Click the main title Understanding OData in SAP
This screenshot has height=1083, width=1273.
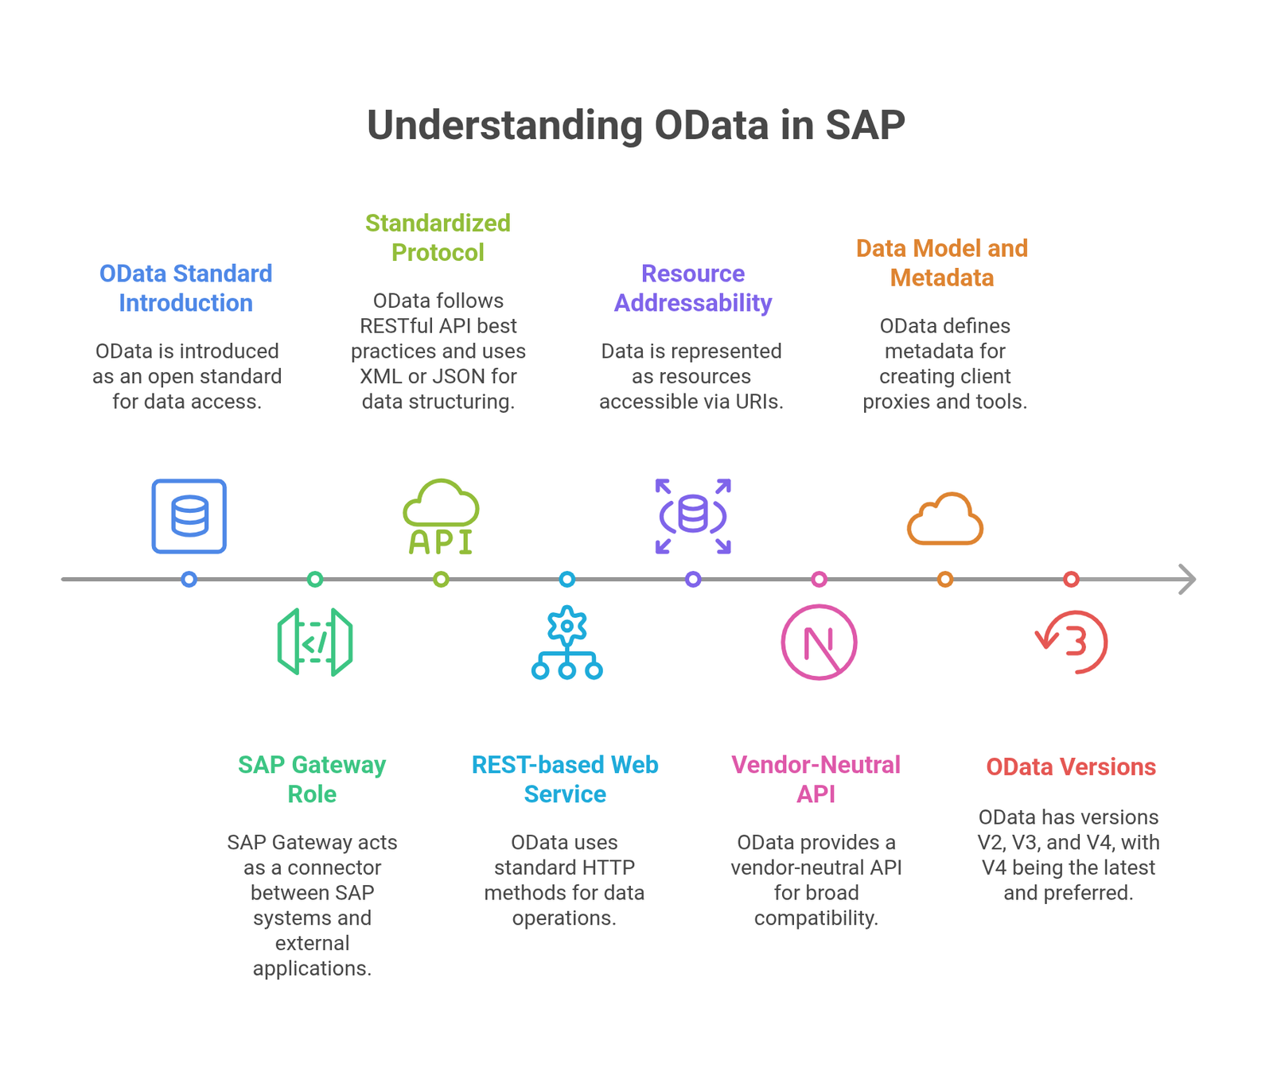click(x=636, y=125)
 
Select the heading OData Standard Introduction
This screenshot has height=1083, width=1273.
click(x=186, y=288)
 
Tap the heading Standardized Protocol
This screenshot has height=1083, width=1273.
click(x=438, y=237)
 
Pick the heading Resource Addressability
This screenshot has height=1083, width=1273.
click(x=693, y=288)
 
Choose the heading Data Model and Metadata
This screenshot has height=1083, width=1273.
click(x=942, y=262)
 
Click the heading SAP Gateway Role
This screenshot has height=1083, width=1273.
click(x=312, y=779)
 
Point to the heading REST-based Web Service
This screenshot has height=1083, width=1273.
click(x=565, y=779)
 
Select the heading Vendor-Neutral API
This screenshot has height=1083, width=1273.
click(x=816, y=779)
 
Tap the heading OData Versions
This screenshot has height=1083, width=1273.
click(x=1071, y=767)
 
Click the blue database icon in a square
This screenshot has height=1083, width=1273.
click(x=189, y=516)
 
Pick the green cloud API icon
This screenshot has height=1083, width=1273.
click(x=441, y=516)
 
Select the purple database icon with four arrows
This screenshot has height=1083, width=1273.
click(x=693, y=516)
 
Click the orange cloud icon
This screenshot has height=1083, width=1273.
click(x=945, y=518)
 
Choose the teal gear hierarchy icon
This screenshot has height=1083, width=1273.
click(x=566, y=642)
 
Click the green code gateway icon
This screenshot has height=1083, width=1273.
click(x=315, y=642)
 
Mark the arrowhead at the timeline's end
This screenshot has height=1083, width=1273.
click(x=1194, y=579)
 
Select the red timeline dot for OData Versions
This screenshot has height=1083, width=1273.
click(x=1071, y=579)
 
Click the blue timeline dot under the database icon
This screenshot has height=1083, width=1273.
click(x=189, y=579)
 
